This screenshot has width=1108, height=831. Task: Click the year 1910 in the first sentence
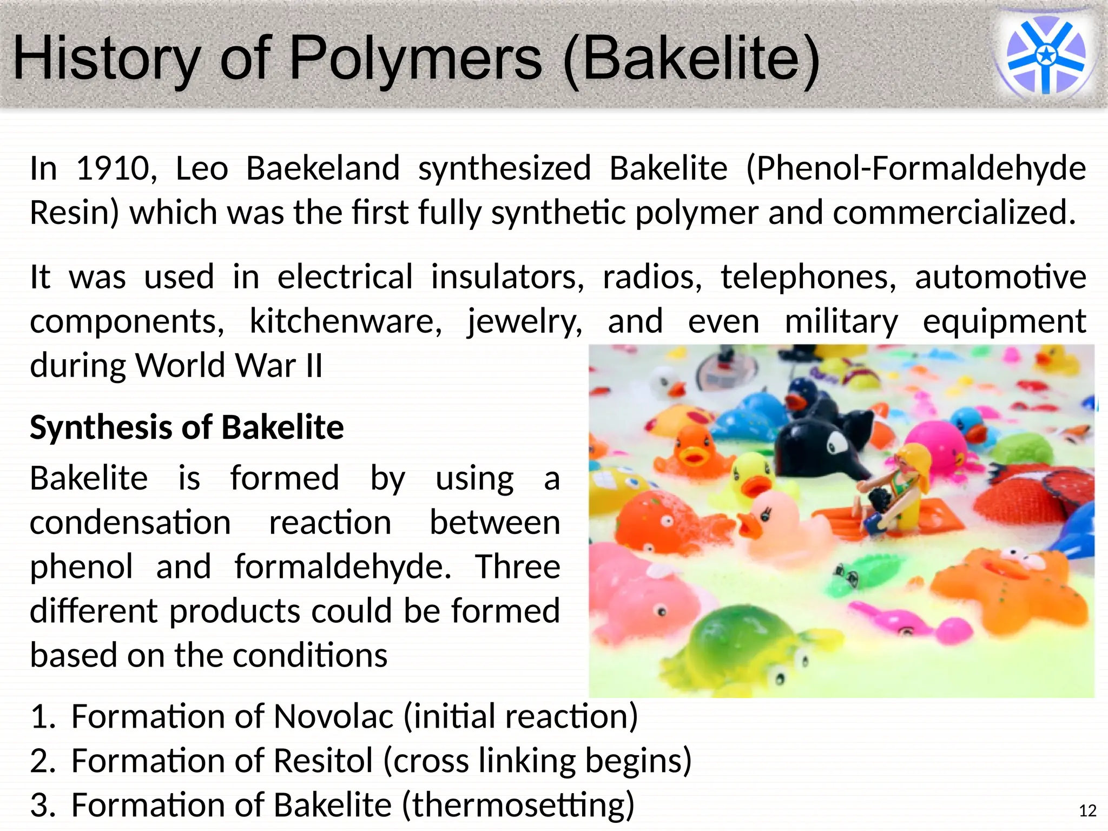tap(112, 168)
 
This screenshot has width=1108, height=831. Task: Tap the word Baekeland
tap(322, 168)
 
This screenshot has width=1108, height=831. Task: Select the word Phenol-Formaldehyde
tap(916, 168)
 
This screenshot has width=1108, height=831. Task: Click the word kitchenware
tap(345, 322)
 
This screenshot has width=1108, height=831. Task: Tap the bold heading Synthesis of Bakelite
tap(187, 427)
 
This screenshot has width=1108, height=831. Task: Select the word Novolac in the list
tap(333, 717)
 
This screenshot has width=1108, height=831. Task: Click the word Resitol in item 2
tap(323, 761)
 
